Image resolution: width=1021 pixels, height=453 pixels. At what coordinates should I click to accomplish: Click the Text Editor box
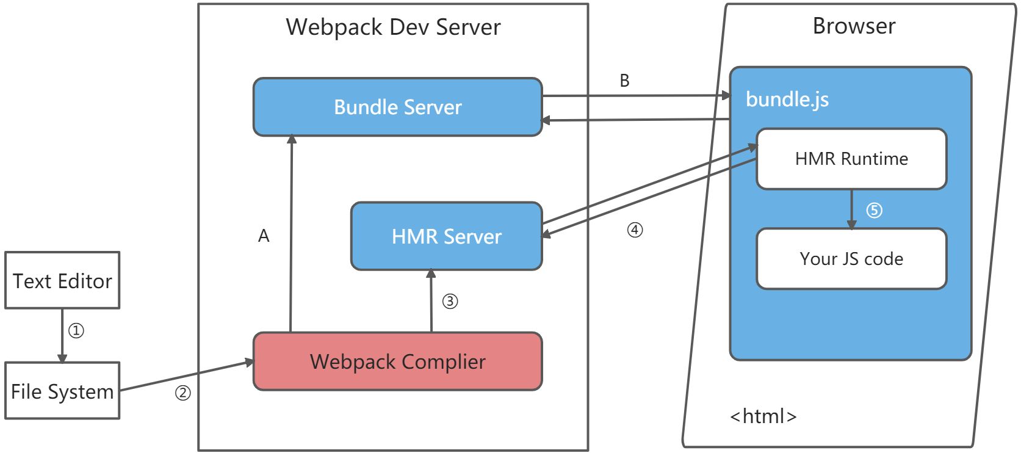(62, 280)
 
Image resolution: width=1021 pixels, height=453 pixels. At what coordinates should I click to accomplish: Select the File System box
(62, 391)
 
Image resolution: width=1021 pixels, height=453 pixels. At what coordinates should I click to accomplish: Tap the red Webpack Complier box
(397, 361)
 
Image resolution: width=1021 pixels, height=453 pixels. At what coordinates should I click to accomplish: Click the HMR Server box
(446, 236)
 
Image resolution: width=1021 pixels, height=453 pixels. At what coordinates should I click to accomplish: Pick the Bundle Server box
(397, 107)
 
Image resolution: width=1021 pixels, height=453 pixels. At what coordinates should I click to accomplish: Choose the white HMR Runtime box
(851, 159)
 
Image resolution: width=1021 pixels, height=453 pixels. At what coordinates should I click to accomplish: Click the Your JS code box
(851, 259)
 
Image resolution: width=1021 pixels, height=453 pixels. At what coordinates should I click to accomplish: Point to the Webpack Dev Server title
(393, 27)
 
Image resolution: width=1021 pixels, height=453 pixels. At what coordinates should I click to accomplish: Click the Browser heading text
(854, 26)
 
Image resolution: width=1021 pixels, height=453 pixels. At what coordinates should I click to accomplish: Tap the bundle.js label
(787, 99)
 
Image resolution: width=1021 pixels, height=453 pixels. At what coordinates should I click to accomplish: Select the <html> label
(763, 416)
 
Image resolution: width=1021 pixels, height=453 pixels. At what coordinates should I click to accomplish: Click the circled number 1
(76, 331)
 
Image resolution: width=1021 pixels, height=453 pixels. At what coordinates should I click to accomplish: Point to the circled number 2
(183, 393)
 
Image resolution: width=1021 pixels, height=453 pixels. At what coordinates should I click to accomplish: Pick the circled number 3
(450, 302)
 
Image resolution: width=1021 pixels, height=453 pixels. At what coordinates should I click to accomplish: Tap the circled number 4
(635, 230)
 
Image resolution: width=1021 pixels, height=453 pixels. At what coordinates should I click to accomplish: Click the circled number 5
(874, 211)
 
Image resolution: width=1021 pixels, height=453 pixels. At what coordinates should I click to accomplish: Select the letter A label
(264, 236)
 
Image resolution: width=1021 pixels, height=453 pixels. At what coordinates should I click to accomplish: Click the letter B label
(624, 81)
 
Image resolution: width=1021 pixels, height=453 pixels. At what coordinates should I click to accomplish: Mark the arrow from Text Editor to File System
(62, 335)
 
